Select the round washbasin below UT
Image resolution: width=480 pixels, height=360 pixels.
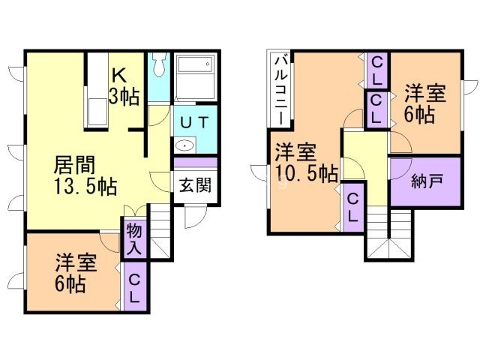click(x=184, y=145)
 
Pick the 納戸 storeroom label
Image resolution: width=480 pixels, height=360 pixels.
click(x=425, y=181)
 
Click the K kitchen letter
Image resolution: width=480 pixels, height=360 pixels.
click(x=118, y=75)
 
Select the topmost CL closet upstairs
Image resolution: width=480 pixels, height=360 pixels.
click(x=376, y=70)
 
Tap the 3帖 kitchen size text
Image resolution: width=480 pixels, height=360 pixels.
click(x=124, y=96)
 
